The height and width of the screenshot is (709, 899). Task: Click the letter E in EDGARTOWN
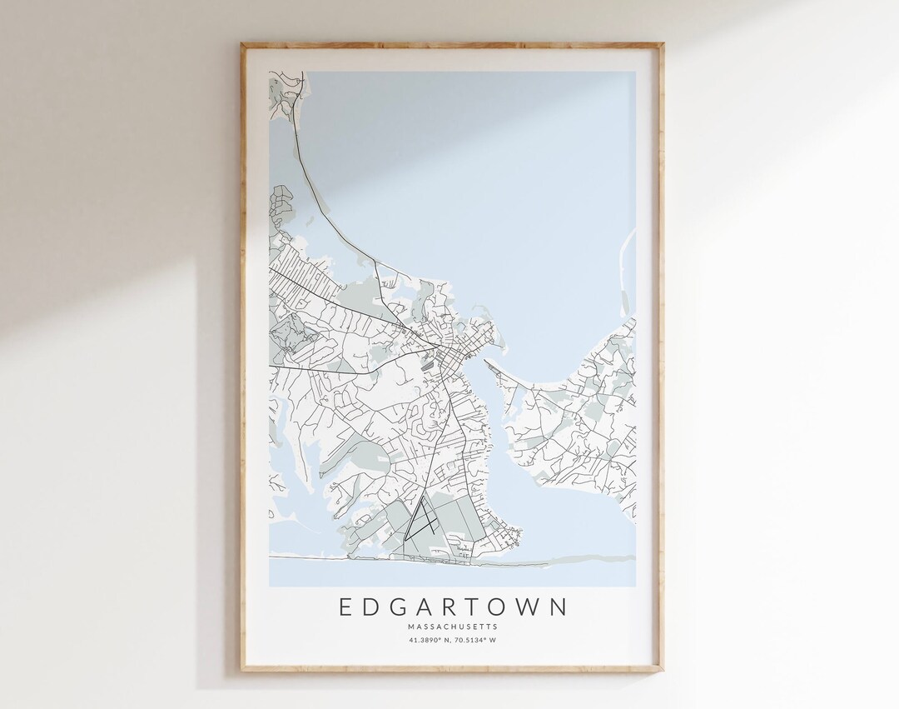pyautogui.click(x=345, y=607)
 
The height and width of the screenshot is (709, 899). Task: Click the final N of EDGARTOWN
pyautogui.click(x=558, y=607)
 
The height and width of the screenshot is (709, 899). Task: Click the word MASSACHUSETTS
pyautogui.click(x=452, y=627)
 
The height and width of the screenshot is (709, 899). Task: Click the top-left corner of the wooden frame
pyautogui.click(x=243, y=45)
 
